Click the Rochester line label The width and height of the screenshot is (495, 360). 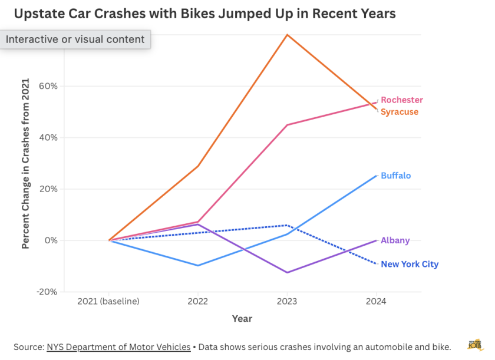[x=401, y=100]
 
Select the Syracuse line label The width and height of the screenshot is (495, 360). [x=400, y=112]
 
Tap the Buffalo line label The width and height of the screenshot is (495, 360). [x=396, y=176]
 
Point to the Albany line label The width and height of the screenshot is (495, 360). [x=395, y=240]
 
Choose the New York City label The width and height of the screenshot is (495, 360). [x=410, y=264]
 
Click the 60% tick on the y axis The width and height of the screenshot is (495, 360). [x=48, y=86]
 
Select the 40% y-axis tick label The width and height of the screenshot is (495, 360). [x=48, y=137]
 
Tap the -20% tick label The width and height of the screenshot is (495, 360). [x=47, y=292]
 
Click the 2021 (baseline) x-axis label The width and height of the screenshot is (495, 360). [x=108, y=302]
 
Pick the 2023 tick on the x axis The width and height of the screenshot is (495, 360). [x=287, y=302]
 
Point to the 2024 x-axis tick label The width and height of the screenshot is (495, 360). [x=376, y=302]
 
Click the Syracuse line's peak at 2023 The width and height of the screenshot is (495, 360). [x=287, y=35]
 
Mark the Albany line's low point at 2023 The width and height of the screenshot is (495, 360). [x=287, y=273]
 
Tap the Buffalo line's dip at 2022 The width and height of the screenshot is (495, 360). [x=198, y=266]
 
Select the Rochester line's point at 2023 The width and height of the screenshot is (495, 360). [x=287, y=125]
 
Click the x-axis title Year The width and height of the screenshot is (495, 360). [x=242, y=319]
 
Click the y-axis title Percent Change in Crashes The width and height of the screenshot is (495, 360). [x=25, y=163]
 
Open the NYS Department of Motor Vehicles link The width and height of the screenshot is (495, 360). [x=118, y=347]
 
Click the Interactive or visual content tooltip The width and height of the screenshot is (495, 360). [x=75, y=39]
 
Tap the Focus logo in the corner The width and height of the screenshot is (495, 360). [x=476, y=345]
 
